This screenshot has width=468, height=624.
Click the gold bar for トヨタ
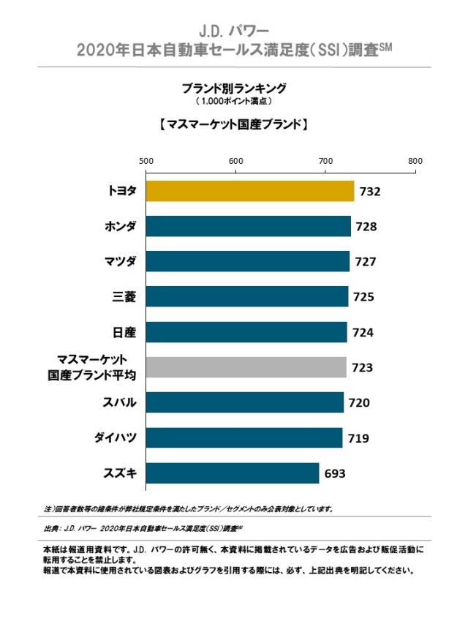(x=250, y=191)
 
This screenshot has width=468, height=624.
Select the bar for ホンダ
(x=249, y=227)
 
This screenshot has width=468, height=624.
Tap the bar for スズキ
(x=233, y=473)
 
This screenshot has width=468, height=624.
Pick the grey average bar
(x=246, y=367)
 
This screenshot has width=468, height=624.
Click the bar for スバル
(x=245, y=402)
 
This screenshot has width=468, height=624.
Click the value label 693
(x=335, y=474)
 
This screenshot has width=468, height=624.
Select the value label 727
(x=366, y=262)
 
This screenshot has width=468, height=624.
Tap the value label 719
(x=358, y=438)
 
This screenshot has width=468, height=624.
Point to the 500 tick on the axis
(x=146, y=161)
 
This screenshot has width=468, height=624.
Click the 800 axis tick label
(x=415, y=161)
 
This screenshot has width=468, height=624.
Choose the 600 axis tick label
(x=235, y=161)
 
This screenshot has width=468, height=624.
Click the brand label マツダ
(x=120, y=261)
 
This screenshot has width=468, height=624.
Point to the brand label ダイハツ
(x=116, y=437)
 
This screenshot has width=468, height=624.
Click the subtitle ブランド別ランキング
(x=234, y=87)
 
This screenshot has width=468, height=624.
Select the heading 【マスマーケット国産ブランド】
(x=234, y=125)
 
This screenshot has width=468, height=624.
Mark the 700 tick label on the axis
(x=325, y=161)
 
